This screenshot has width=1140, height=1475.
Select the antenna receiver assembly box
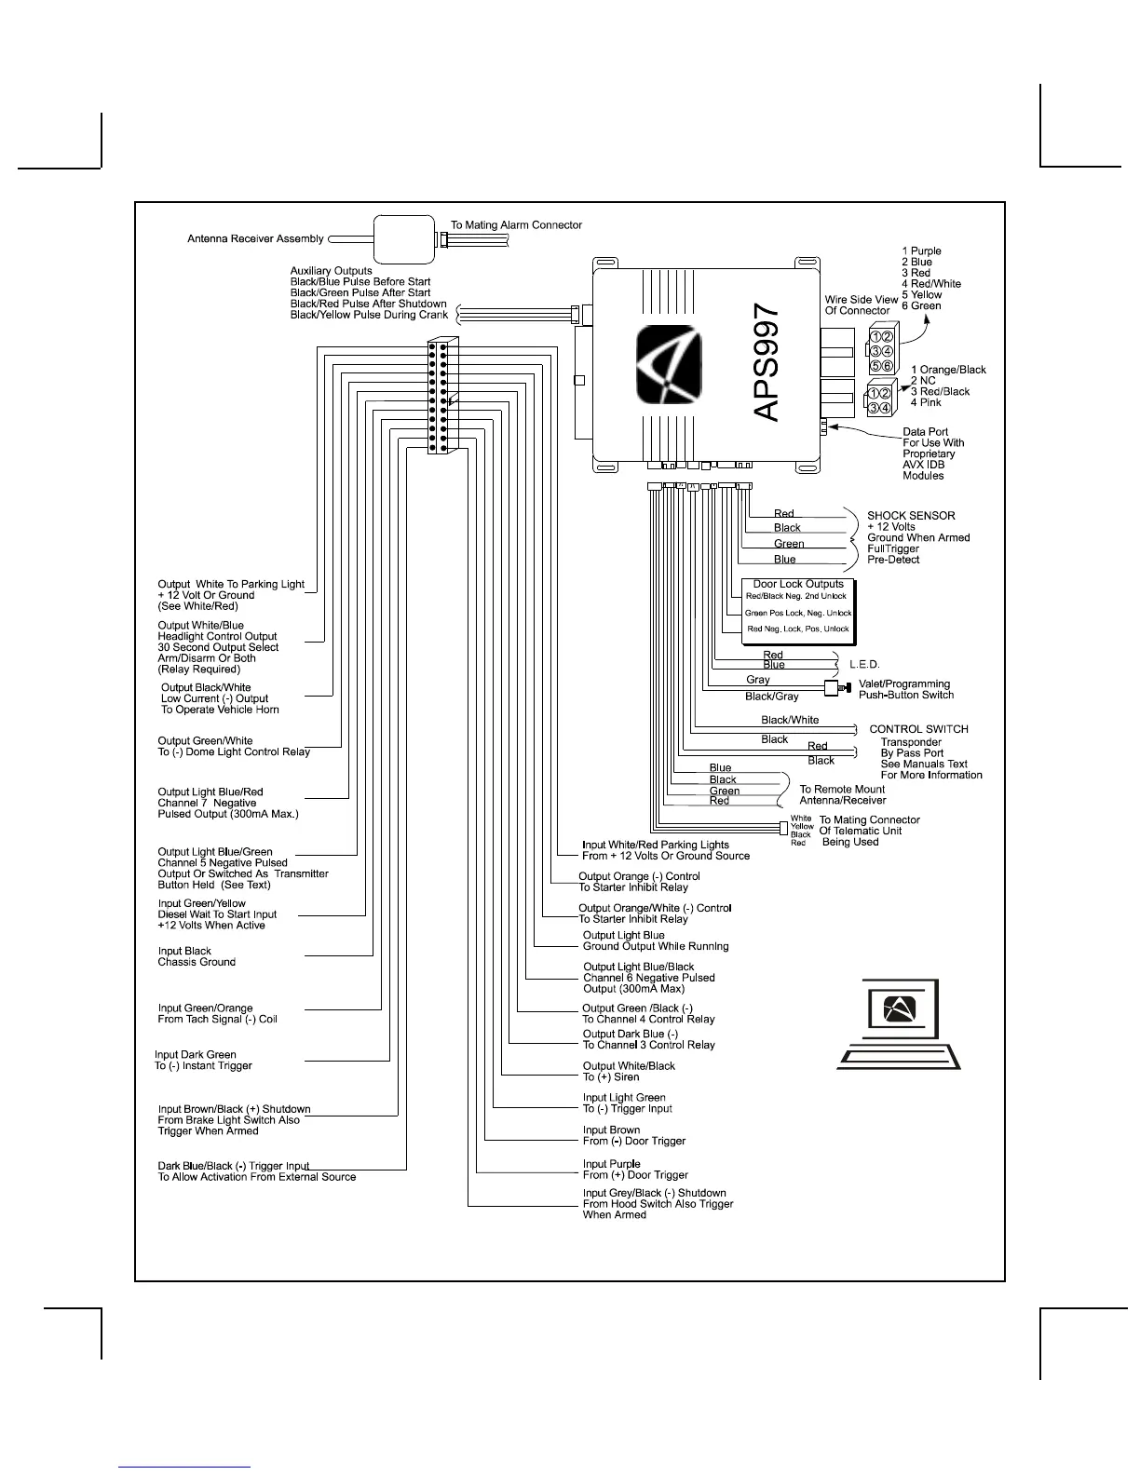(x=404, y=239)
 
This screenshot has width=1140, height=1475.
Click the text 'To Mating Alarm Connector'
(x=516, y=224)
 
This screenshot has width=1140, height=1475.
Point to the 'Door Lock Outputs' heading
(x=798, y=584)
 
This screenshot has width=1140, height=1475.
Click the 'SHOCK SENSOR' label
(x=911, y=515)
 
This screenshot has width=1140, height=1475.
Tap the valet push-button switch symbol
(x=835, y=688)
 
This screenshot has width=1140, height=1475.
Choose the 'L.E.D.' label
(x=864, y=664)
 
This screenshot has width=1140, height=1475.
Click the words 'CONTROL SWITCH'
(x=918, y=729)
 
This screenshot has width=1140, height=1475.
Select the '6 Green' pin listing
(x=921, y=305)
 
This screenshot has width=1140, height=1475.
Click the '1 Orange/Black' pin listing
(x=947, y=370)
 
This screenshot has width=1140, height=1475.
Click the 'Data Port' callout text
(x=926, y=432)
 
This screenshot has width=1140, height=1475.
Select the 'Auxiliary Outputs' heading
(x=331, y=271)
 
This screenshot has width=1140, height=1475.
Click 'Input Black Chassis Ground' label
(x=197, y=956)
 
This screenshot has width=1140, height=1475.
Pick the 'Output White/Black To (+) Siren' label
(x=629, y=1071)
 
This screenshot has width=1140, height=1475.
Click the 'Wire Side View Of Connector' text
(x=861, y=304)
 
